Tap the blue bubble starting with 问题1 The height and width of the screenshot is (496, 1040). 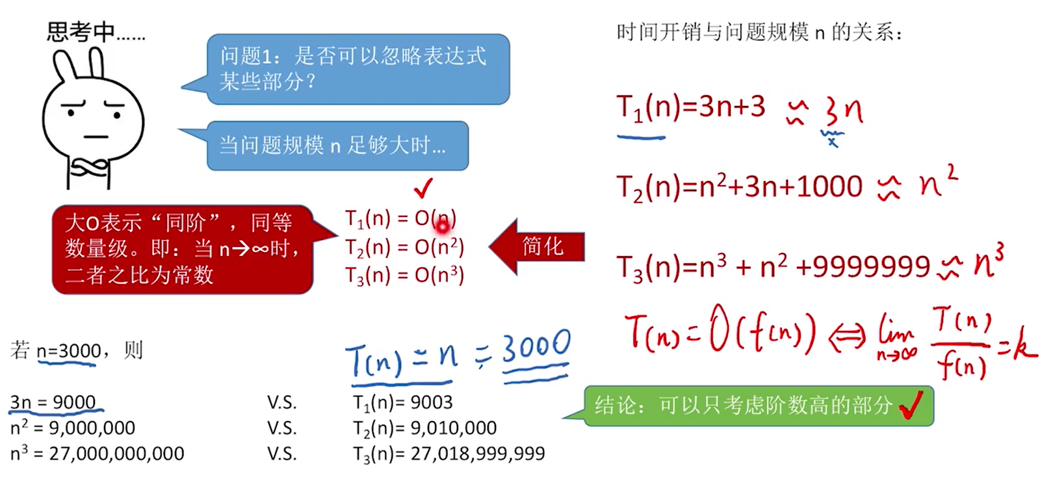click(357, 69)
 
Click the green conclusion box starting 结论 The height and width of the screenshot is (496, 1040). click(758, 406)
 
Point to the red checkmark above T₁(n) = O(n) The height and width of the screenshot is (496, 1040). click(423, 189)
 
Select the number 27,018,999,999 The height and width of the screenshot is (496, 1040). click(478, 454)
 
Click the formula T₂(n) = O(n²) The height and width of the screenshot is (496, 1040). click(404, 248)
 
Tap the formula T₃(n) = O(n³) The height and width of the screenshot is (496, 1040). click(404, 276)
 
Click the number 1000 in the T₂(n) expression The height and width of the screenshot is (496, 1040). click(829, 187)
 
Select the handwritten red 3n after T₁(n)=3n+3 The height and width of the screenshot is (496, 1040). click(844, 112)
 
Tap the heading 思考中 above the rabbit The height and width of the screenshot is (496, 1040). click(81, 31)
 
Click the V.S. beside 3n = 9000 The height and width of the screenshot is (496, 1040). click(282, 402)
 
